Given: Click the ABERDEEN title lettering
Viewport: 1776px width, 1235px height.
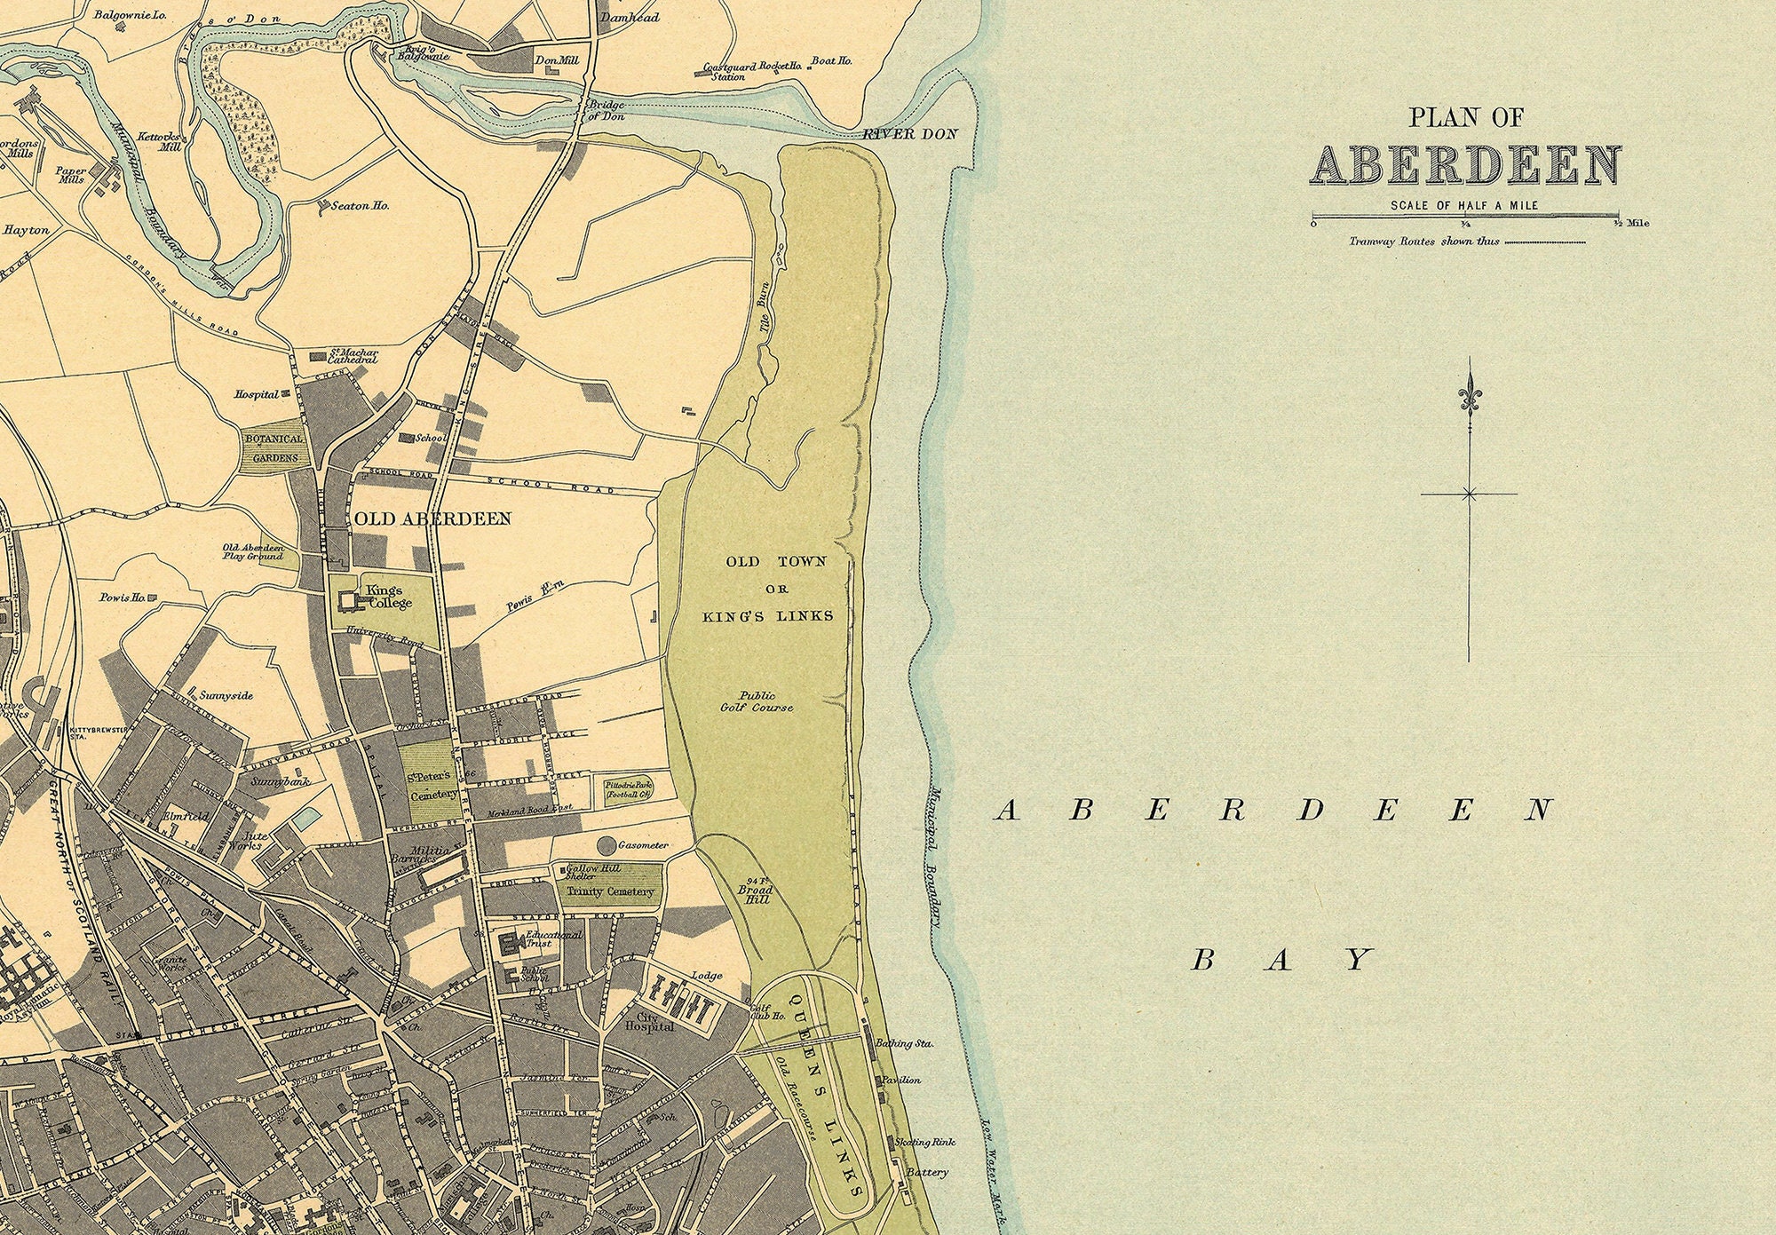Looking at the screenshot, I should click(x=1467, y=166).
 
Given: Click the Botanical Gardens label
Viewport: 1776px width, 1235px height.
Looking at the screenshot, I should click(x=274, y=448).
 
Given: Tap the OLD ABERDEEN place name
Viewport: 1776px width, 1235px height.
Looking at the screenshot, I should click(x=432, y=519).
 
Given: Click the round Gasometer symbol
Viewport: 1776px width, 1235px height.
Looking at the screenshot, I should click(x=608, y=845).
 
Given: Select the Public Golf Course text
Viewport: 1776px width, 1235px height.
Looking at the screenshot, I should click(x=756, y=701).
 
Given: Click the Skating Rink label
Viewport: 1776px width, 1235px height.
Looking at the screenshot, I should click(x=924, y=1142).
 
